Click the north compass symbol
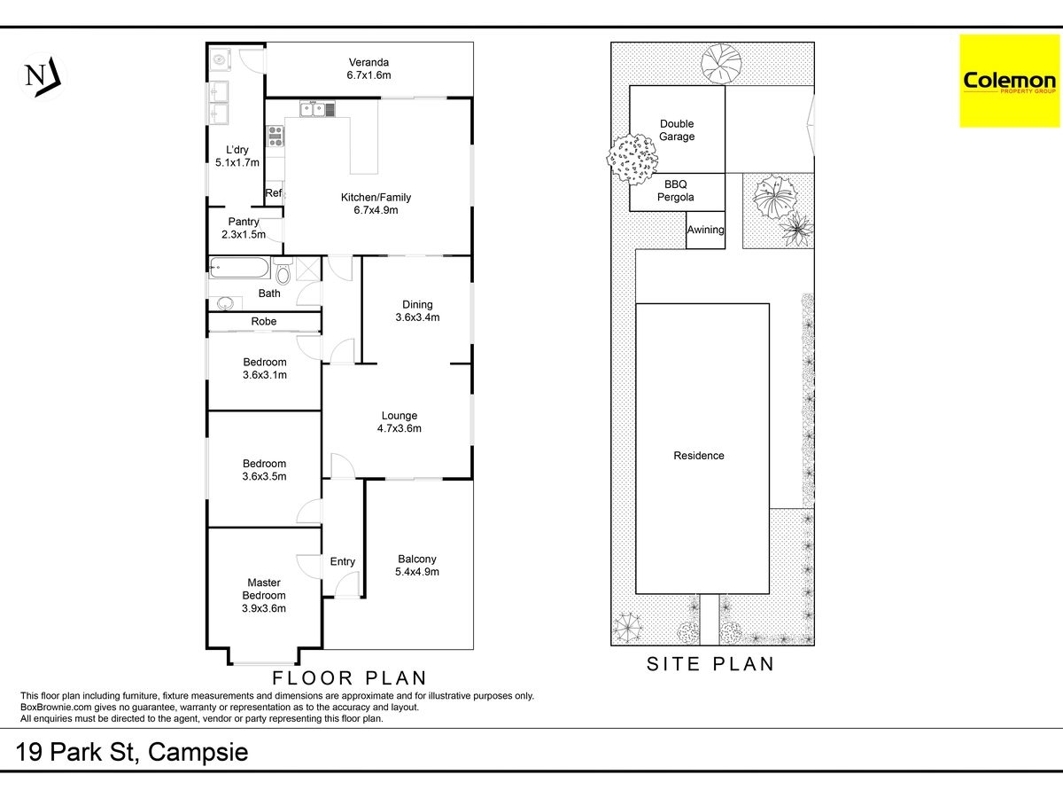(43, 77)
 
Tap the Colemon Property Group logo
(1009, 81)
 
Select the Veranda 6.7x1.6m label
(369, 69)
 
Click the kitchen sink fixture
(317, 109)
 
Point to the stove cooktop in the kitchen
(275, 136)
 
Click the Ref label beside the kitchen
(273, 192)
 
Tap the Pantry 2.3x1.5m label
(244, 228)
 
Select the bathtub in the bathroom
(239, 268)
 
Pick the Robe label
(264, 321)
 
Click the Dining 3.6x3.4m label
(417, 311)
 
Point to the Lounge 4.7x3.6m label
(399, 422)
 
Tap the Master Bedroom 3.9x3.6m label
(264, 596)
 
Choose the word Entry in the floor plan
(343, 561)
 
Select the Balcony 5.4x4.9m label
(417, 566)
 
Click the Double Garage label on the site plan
(677, 130)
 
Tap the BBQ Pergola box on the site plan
(677, 192)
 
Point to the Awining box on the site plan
(706, 231)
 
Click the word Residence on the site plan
(699, 456)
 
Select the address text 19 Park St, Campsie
(132, 752)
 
